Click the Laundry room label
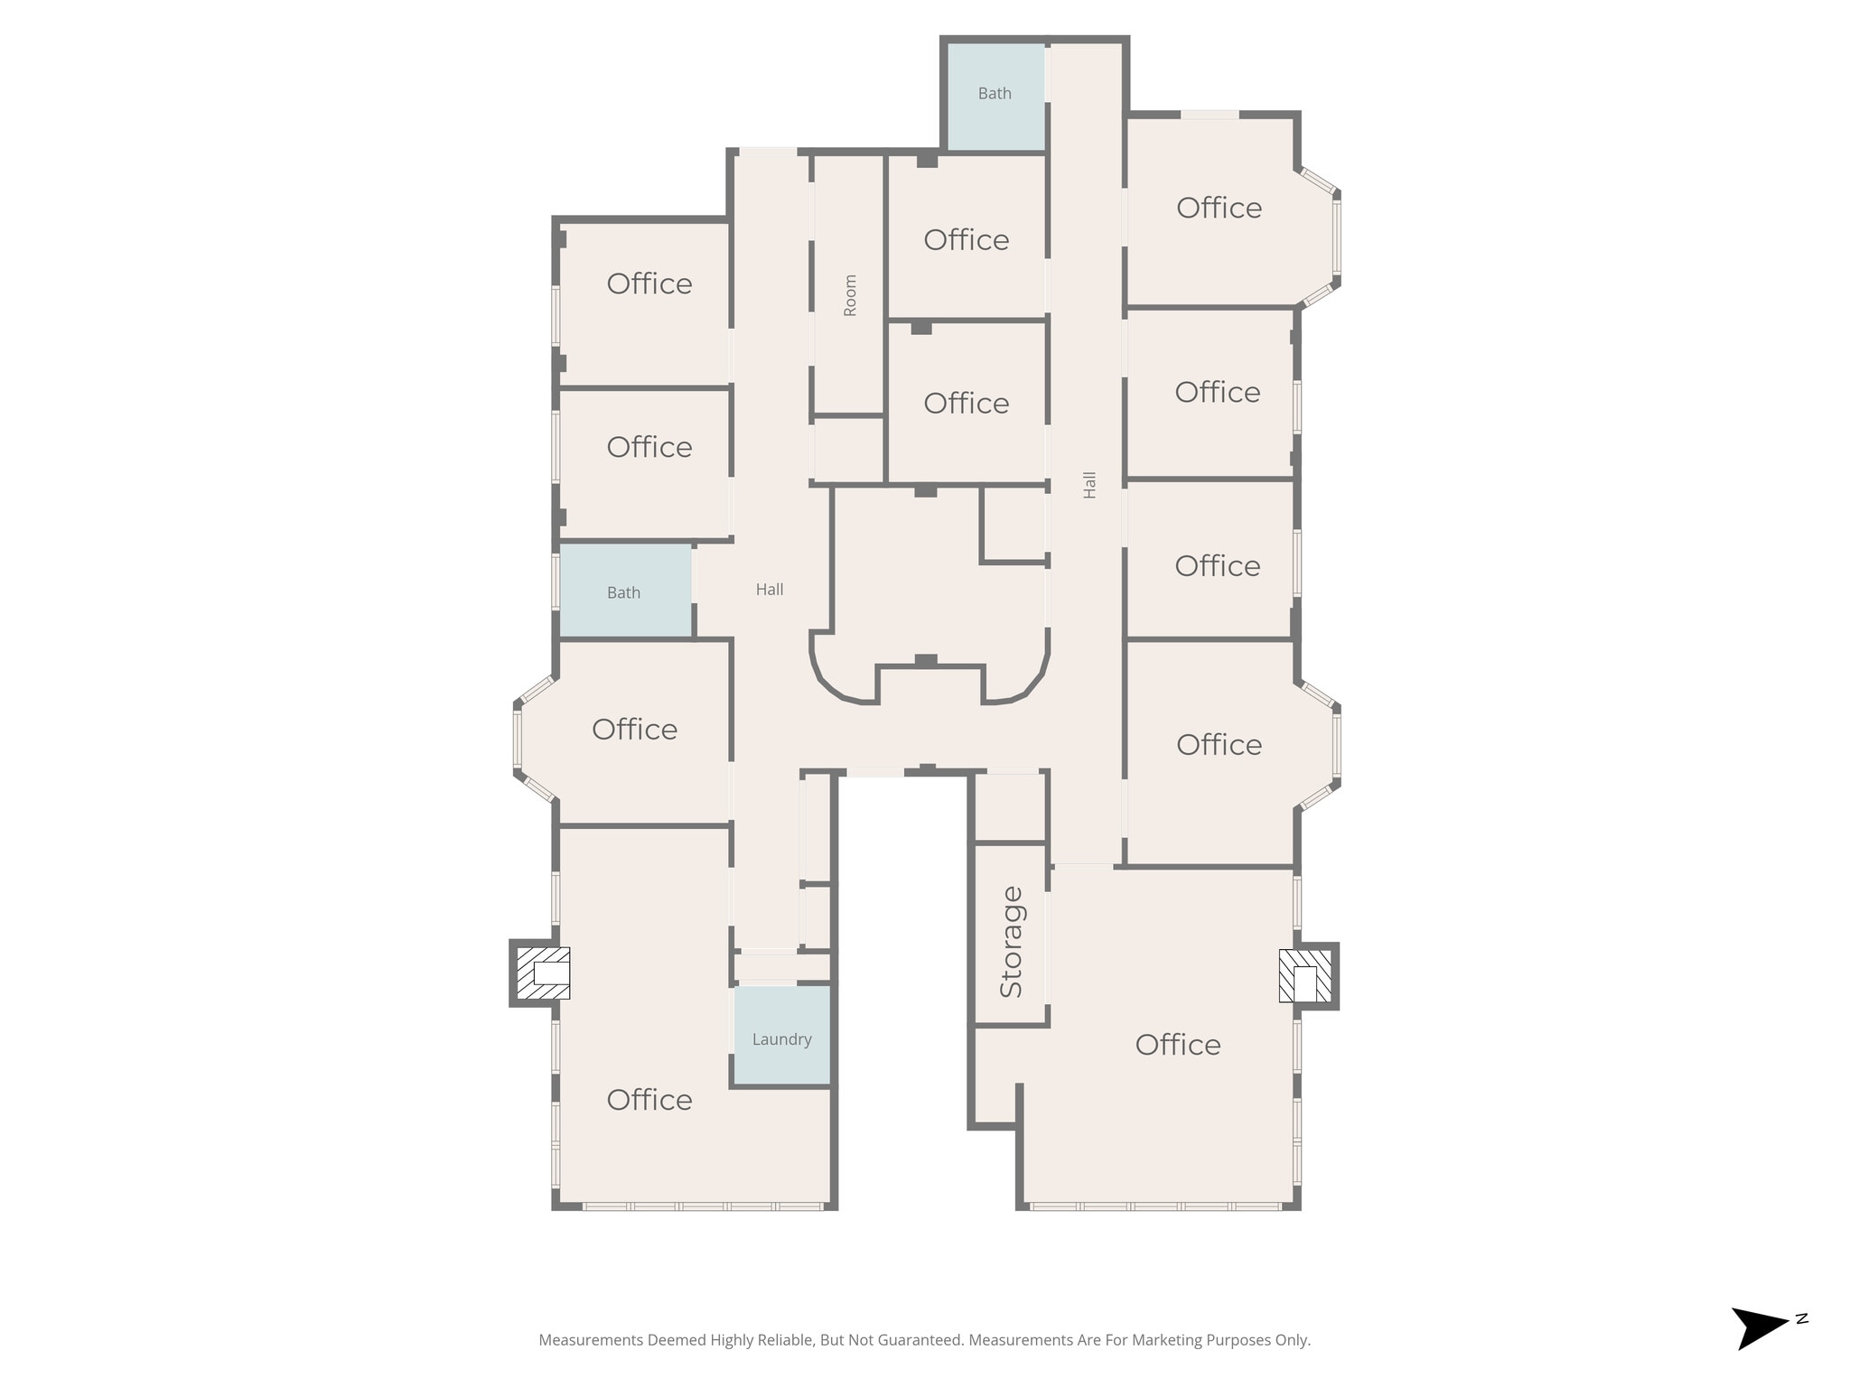[x=781, y=1039]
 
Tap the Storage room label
[x=1012, y=942]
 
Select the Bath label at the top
[x=995, y=94]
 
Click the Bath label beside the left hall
[x=623, y=593]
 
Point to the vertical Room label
[x=850, y=295]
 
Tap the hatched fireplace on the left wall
[x=542, y=973]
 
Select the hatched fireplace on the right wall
[x=1305, y=974]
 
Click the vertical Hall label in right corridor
[x=1089, y=485]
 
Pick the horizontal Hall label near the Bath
[x=770, y=590]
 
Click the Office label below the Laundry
[x=649, y=1100]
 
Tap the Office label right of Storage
[x=1178, y=1045]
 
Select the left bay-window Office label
[x=635, y=730]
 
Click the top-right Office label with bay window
[x=1219, y=208]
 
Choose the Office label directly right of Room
[x=966, y=240]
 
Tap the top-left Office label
[x=649, y=284]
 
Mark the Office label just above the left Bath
[x=649, y=447]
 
